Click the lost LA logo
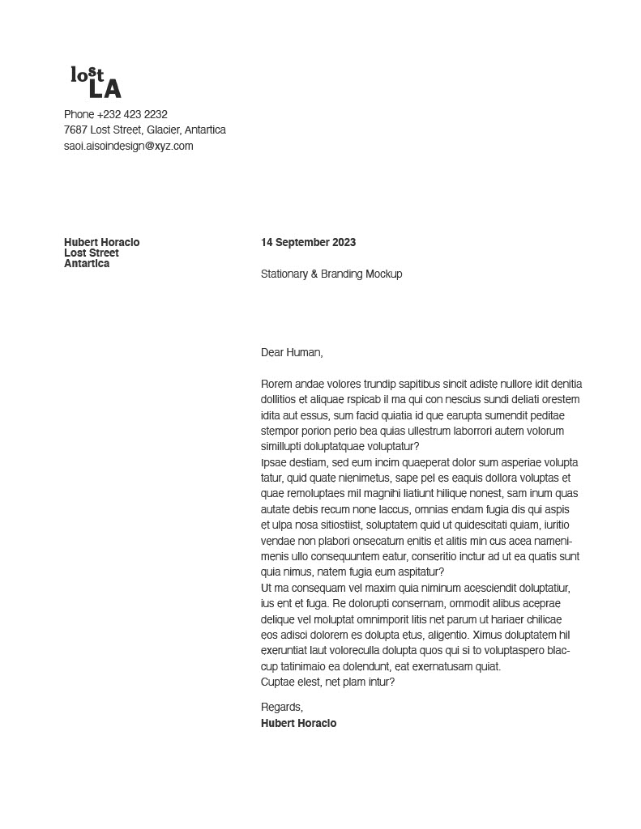click(96, 83)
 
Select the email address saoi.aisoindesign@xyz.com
click(128, 146)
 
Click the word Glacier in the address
click(163, 130)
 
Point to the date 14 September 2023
click(308, 242)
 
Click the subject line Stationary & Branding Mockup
click(331, 274)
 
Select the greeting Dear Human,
click(292, 352)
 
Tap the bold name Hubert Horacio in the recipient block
click(101, 242)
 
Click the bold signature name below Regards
click(298, 723)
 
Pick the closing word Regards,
click(282, 707)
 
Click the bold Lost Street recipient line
click(92, 253)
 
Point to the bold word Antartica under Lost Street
click(87, 263)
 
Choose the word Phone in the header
click(79, 114)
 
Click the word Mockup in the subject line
click(383, 274)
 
